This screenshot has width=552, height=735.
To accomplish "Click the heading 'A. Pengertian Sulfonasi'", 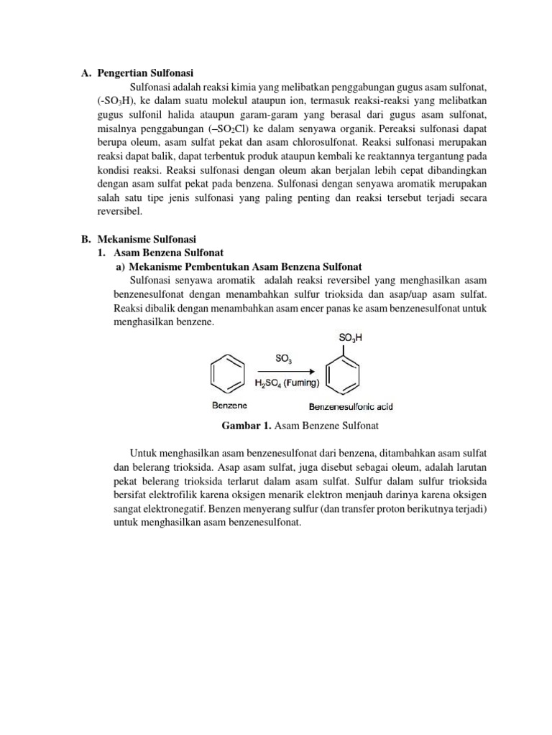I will click(137, 72).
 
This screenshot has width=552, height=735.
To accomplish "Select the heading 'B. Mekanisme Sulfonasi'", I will click(137, 239).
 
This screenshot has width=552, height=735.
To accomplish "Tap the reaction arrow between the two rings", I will click(285, 371).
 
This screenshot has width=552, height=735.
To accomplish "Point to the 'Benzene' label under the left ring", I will click(229, 406).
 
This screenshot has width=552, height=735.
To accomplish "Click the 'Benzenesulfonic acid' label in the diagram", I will click(351, 406).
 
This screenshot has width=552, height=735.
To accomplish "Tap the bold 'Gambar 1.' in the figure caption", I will click(247, 426).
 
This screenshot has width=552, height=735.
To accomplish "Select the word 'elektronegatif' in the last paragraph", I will click(147, 509).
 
